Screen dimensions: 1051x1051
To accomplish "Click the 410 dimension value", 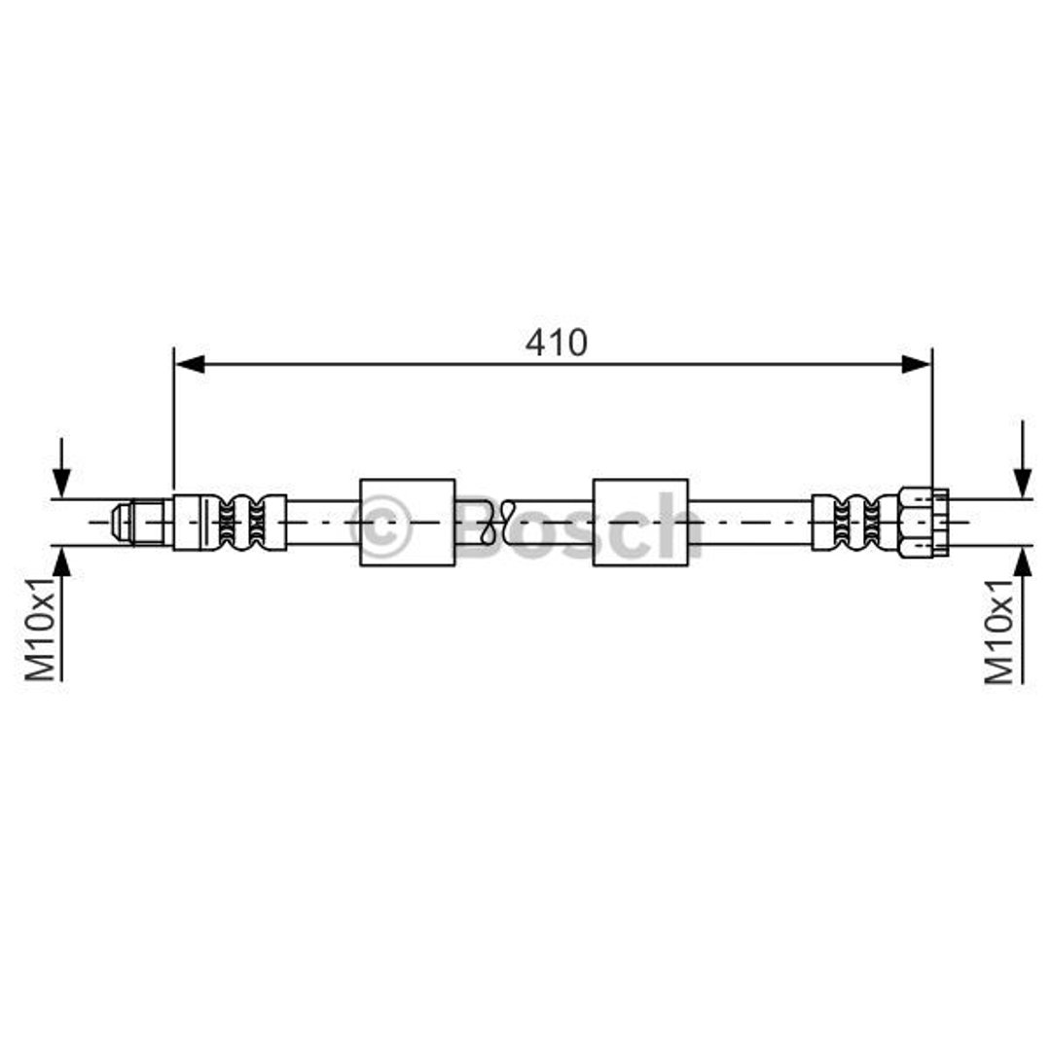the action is pyautogui.click(x=557, y=343).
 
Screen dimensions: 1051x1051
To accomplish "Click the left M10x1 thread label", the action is pyautogui.click(x=41, y=628).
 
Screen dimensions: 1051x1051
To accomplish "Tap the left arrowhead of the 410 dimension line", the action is pyautogui.click(x=190, y=365).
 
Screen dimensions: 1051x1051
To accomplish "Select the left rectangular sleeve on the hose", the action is pyautogui.click(x=408, y=523).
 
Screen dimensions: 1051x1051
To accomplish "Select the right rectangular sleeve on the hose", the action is pyautogui.click(x=640, y=523).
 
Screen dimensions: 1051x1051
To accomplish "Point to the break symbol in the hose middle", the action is pyautogui.click(x=499, y=523).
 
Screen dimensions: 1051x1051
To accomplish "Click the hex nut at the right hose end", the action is pyautogui.click(x=924, y=523).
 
